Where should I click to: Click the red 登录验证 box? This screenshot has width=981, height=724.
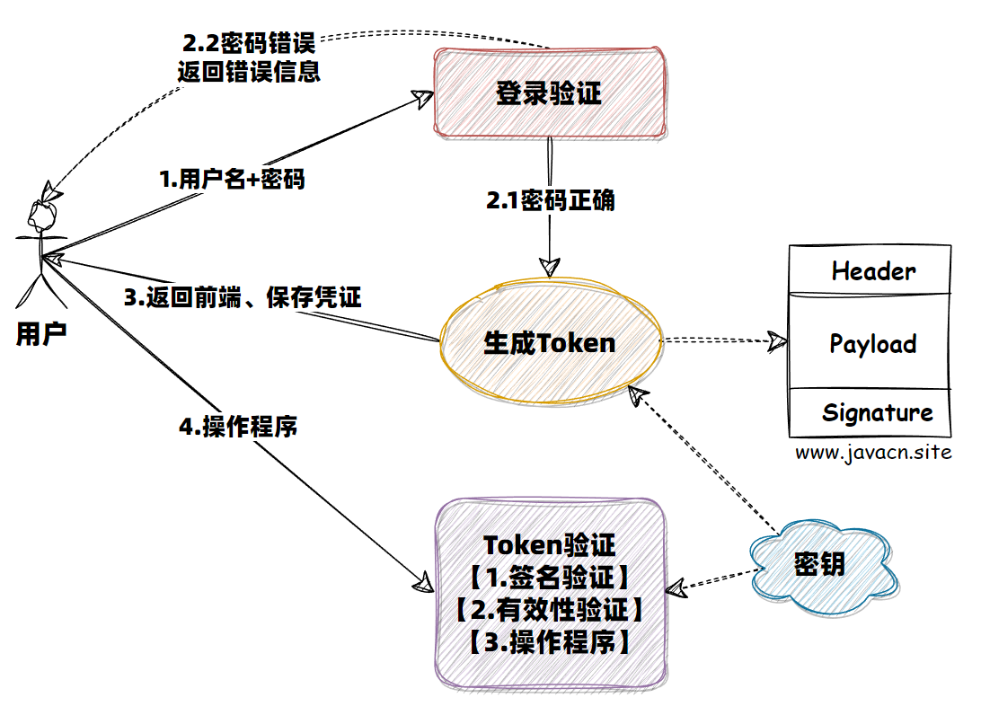point(550,93)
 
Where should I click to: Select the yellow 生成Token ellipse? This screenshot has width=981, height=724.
point(550,342)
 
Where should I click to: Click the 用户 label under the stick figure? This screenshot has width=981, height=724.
point(41,335)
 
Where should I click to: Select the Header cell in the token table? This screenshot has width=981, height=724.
point(872,270)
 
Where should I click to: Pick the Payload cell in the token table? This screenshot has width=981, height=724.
point(872,343)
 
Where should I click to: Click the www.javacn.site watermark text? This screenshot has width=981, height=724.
point(872,452)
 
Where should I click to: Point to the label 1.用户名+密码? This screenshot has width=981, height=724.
point(232,179)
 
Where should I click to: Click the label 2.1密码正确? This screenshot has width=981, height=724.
point(550,200)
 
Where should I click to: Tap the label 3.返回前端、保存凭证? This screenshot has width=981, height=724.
point(242,297)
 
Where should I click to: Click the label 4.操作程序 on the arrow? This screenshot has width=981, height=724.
point(238,428)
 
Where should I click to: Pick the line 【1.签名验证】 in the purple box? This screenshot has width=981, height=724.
point(550,578)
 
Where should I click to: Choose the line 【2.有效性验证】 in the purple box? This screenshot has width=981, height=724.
point(550,610)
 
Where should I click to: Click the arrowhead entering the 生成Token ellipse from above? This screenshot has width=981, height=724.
point(549,267)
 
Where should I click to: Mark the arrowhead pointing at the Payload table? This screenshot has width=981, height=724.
point(775,340)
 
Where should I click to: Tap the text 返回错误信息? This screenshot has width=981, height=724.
point(249,72)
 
